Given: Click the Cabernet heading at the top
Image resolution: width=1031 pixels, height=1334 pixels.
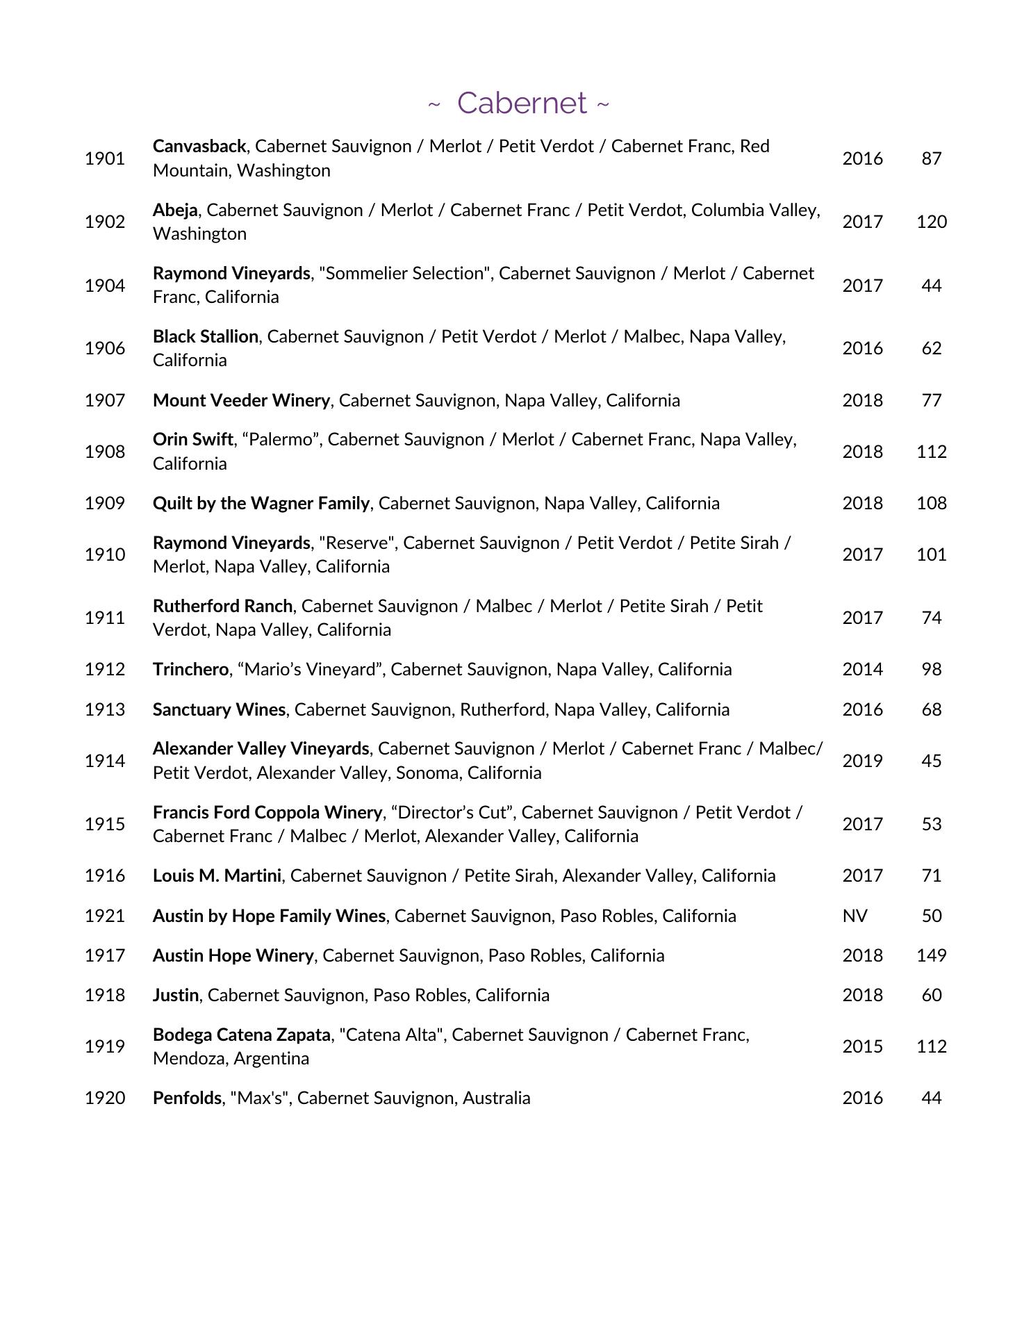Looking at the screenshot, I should pyautogui.click(x=521, y=103).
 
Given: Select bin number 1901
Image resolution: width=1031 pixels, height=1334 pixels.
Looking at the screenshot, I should pyautogui.click(x=105, y=158).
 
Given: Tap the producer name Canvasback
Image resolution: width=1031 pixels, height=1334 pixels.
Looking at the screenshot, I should pyautogui.click(x=199, y=147).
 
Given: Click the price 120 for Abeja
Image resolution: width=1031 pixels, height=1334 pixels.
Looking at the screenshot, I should pyautogui.click(x=931, y=222).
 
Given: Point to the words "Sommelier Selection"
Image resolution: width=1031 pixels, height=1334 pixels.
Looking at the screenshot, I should pyautogui.click(x=404, y=273).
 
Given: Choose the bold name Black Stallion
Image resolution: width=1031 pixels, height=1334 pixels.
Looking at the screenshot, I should pyautogui.click(x=206, y=336).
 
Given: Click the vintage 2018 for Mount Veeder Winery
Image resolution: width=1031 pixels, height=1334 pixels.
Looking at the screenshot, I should pyautogui.click(x=862, y=400).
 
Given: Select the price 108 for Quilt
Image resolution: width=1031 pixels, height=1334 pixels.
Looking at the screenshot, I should pyautogui.click(x=931, y=503).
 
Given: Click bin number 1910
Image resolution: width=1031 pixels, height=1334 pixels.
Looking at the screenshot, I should pyautogui.click(x=105, y=554).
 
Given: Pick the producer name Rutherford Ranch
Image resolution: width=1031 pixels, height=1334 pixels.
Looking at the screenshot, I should pyautogui.click(x=222, y=606).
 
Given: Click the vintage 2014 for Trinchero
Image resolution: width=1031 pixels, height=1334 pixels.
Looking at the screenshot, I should pyautogui.click(x=862, y=669).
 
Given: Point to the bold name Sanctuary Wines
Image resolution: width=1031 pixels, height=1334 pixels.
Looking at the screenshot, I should pyautogui.click(x=219, y=709).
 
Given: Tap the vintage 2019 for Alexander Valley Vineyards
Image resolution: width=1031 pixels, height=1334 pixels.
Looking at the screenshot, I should pyautogui.click(x=862, y=761).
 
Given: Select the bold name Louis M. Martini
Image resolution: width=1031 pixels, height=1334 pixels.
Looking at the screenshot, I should pyautogui.click(x=217, y=875).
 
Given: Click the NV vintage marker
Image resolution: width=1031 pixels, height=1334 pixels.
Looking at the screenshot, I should pyautogui.click(x=855, y=916).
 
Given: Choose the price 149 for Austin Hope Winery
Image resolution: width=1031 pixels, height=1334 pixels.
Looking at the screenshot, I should pyautogui.click(x=931, y=955).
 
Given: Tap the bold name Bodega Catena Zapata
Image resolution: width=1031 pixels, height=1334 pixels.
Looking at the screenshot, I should pyautogui.click(x=241, y=1035).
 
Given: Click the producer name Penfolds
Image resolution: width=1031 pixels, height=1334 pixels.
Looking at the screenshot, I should pyautogui.click(x=187, y=1098).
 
